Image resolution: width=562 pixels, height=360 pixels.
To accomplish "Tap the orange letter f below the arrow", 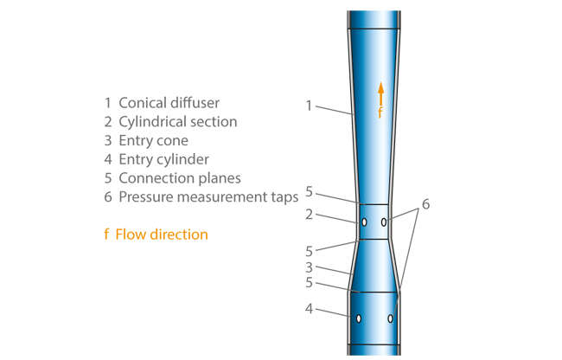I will pos(379,112).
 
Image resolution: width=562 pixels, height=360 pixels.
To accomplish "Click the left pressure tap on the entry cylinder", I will pos(357,318).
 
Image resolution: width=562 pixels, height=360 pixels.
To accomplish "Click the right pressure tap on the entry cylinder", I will pos(391,318).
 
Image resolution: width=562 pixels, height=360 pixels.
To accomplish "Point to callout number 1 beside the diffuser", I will pos(309,106).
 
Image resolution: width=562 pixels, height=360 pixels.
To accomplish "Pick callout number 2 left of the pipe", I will pos(309,214).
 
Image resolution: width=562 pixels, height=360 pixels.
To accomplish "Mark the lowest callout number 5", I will pos(309,282).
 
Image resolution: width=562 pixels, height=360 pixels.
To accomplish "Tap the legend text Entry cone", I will pos(153,140).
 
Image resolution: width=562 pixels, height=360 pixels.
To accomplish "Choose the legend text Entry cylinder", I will pos(163,159).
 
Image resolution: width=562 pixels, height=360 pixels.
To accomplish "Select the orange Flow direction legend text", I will pos(161,234).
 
